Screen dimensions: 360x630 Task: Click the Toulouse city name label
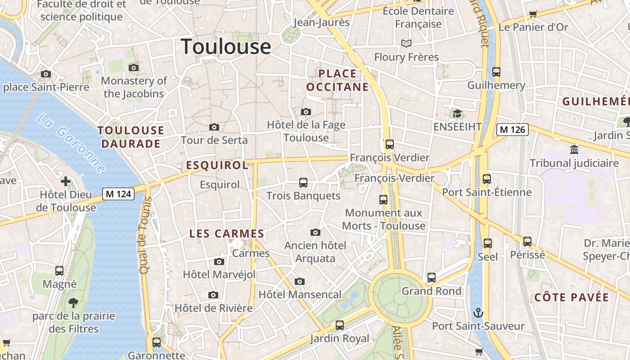coord(226,47)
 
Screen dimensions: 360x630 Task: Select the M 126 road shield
coord(513,130)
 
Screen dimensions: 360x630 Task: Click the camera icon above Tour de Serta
coord(214,127)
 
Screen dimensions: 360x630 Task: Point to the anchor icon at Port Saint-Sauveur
coord(478,312)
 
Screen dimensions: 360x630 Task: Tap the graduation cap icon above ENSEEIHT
coord(457,113)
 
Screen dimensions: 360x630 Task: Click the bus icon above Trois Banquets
coord(303,183)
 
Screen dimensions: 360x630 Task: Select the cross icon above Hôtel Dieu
coord(66,181)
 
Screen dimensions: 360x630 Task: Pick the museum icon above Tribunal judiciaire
coord(574,150)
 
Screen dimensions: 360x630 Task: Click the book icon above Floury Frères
coord(406,43)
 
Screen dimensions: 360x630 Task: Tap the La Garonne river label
coord(71,144)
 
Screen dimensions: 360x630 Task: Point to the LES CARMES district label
coord(227,234)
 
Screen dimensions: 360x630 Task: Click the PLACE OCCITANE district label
coord(337,80)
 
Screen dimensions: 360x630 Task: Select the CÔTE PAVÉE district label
coord(571,297)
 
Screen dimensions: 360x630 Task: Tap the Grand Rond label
coord(432,291)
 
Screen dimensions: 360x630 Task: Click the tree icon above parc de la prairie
coord(73,302)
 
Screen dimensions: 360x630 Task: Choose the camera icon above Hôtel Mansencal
coord(300,282)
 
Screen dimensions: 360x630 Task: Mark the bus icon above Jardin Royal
coord(340,325)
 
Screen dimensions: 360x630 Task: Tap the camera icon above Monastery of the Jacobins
coord(134,68)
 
